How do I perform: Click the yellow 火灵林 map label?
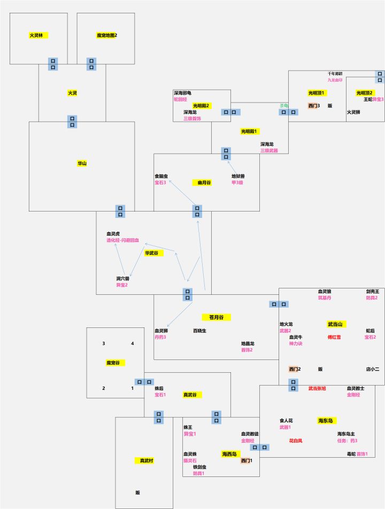[37, 35]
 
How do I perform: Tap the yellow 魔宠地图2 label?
[106, 35]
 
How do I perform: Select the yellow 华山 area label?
[82, 163]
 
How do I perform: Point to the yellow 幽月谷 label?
[204, 183]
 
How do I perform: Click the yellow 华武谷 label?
[152, 253]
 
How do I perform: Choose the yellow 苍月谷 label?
[216, 317]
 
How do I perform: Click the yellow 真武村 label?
[147, 460]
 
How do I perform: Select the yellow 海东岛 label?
[327, 420]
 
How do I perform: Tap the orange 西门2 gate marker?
[294, 369]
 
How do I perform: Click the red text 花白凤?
[296, 441]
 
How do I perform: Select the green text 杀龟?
[283, 105]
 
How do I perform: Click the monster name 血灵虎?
[113, 234]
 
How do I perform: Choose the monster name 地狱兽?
[238, 176]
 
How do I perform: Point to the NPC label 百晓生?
[199, 331]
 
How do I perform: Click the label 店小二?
[372, 369]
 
